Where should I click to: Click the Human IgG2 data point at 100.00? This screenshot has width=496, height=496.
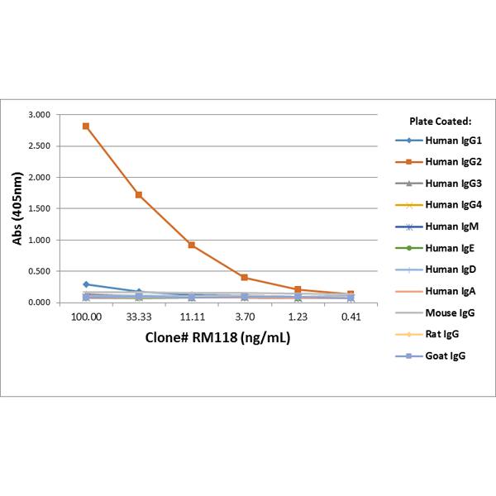pyautogui.click(x=86, y=126)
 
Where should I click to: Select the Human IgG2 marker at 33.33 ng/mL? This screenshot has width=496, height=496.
pyautogui.click(x=139, y=195)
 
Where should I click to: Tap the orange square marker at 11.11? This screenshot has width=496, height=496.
pyautogui.click(x=192, y=245)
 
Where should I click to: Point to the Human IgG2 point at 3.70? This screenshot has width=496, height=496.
pyautogui.click(x=245, y=278)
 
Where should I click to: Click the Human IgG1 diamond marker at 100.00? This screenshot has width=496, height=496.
pyautogui.click(x=86, y=284)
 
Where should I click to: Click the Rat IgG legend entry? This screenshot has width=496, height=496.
pyautogui.click(x=438, y=334)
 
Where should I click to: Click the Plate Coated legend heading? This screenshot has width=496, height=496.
pyautogui.click(x=440, y=121)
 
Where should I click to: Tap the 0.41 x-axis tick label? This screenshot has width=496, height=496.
pyautogui.click(x=351, y=317)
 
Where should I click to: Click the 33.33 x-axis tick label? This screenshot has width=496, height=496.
pyautogui.click(x=139, y=317)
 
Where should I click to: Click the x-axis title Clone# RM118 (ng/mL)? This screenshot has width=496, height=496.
pyautogui.click(x=218, y=337)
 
